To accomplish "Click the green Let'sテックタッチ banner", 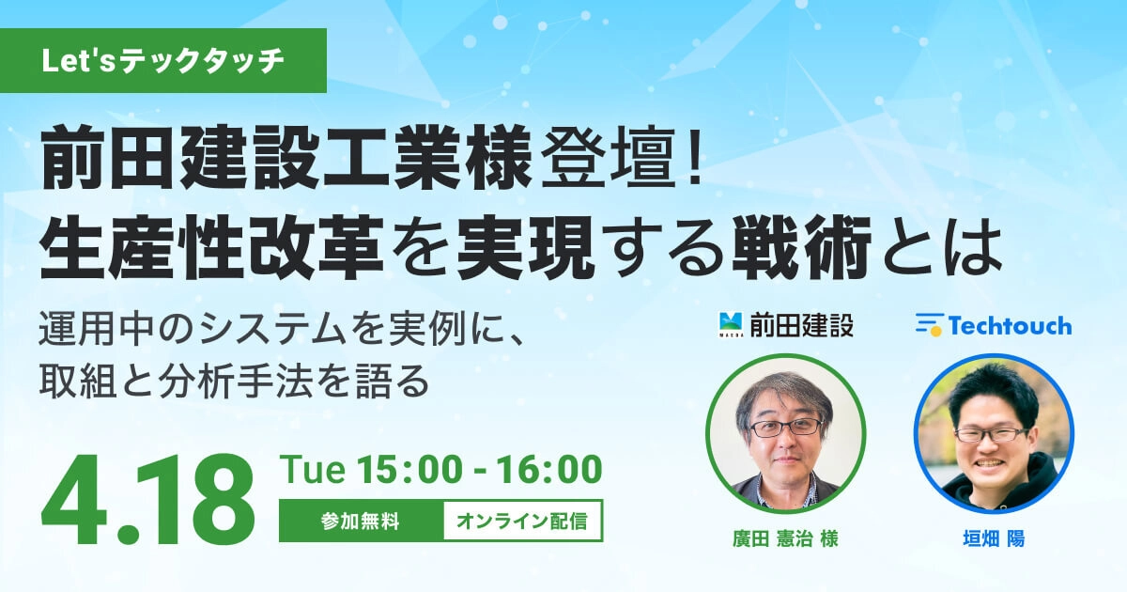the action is pos(163,61).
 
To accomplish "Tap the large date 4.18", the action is pos(148,500).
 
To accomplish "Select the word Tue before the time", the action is pos(313,469).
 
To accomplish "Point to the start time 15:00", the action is pos(409,469).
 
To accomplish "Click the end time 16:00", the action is pos(549,469).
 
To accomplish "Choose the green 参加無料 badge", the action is pos(362,521).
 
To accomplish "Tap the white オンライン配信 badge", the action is pos(523,521).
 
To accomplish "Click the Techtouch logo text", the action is pos(1011,326).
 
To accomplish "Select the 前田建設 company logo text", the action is pos(801,325).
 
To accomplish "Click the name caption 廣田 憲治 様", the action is pos(785,539).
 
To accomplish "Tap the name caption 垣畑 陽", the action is pos(995,539).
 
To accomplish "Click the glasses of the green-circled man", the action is pos(785,428).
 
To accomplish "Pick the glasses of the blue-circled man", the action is pos(991,434).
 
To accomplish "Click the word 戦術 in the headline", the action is pos(801,248).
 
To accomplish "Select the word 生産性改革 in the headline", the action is pos(211,248).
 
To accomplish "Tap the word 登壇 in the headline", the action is pos(608,157).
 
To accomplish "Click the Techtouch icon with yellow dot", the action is pos(929,325).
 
